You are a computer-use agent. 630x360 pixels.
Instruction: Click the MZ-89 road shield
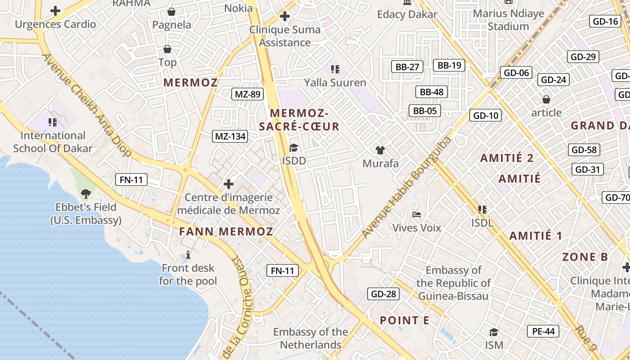(248, 94)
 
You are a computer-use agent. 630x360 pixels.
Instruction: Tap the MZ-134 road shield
(230, 136)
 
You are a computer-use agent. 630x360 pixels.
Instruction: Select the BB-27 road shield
(407, 67)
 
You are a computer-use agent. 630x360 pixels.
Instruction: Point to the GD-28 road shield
(383, 294)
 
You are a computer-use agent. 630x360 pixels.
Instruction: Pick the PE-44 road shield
(543, 332)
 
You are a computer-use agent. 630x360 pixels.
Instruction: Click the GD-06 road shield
(516, 72)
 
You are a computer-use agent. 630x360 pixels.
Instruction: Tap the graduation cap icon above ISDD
(293, 148)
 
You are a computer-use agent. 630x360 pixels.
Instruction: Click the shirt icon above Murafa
(380, 150)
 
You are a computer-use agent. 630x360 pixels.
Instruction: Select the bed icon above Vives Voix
(417, 215)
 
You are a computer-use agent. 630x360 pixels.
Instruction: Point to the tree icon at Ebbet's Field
(85, 194)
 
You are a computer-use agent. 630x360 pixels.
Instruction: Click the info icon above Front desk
(188, 255)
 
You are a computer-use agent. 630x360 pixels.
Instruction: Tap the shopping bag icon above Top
(167, 49)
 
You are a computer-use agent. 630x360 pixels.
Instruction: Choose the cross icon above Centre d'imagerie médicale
(229, 184)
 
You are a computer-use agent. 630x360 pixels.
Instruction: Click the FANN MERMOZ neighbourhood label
(226, 232)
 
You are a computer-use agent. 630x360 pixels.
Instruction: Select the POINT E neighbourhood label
(405, 320)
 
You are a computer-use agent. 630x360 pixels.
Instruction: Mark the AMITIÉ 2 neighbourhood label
(507, 158)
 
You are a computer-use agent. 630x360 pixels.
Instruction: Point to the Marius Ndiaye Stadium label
(508, 20)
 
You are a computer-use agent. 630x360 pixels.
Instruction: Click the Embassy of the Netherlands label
(310, 338)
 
